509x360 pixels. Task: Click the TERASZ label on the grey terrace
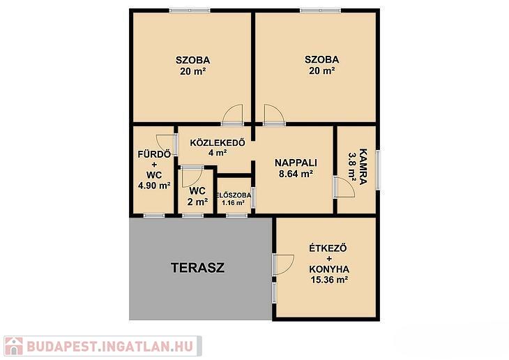click(x=198, y=268)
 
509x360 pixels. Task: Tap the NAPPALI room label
click(x=296, y=163)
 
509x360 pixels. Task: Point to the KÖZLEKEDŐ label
click(x=218, y=142)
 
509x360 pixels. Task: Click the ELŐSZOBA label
click(x=234, y=195)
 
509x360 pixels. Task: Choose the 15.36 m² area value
click(x=330, y=280)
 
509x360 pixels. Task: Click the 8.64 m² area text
click(x=296, y=174)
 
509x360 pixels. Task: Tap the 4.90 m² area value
click(x=155, y=186)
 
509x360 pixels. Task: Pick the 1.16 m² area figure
click(x=233, y=203)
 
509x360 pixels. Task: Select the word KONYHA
click(x=329, y=269)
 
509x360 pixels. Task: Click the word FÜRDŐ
click(x=154, y=154)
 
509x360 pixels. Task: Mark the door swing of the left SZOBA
click(x=233, y=114)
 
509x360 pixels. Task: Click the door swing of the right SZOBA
click(x=275, y=114)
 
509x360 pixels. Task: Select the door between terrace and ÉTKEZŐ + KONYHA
click(x=284, y=265)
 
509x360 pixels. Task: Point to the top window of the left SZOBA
click(x=190, y=10)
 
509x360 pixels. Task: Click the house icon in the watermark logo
click(x=14, y=346)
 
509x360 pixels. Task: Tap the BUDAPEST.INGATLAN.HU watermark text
click(x=110, y=346)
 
